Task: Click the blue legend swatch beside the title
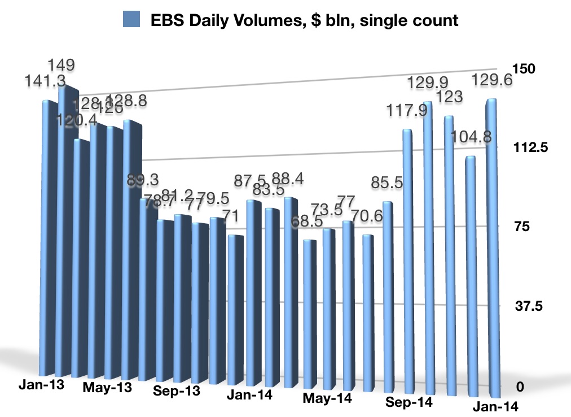pyautogui.click(x=131, y=21)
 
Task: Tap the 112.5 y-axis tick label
pyautogui.click(x=529, y=148)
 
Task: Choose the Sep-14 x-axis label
pyautogui.click(x=409, y=402)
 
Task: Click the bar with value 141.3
pyautogui.click(x=49, y=237)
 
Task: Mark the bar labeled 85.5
pyautogui.click(x=388, y=294)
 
